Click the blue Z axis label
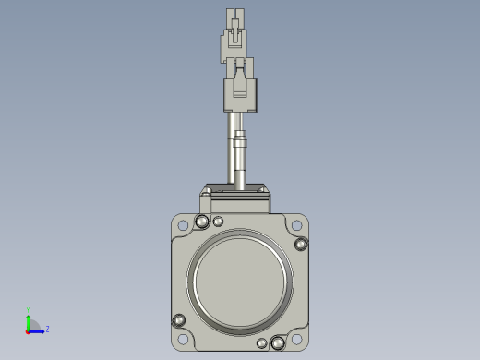click(x=47, y=328)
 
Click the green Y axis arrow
click(x=29, y=319)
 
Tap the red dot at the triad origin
click(x=29, y=330)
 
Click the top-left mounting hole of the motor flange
click(x=183, y=224)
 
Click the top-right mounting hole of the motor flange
click(x=295, y=224)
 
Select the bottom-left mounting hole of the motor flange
click(x=183, y=341)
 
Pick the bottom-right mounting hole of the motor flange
click(x=295, y=341)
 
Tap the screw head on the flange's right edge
click(x=301, y=244)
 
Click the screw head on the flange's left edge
click(x=179, y=320)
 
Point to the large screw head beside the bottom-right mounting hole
click(x=277, y=343)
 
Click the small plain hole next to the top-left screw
click(x=218, y=222)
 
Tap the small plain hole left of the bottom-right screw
click(x=262, y=344)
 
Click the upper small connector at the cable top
click(x=235, y=37)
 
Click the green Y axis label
click(x=29, y=310)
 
